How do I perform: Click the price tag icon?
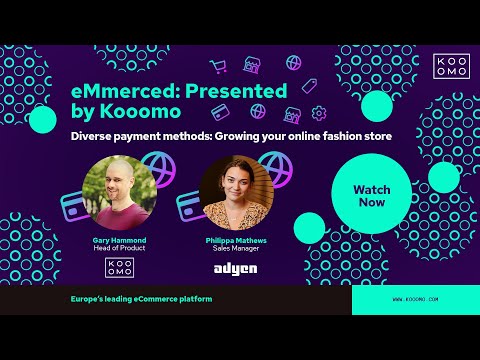(x=309, y=85)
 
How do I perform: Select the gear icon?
(x=319, y=113)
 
